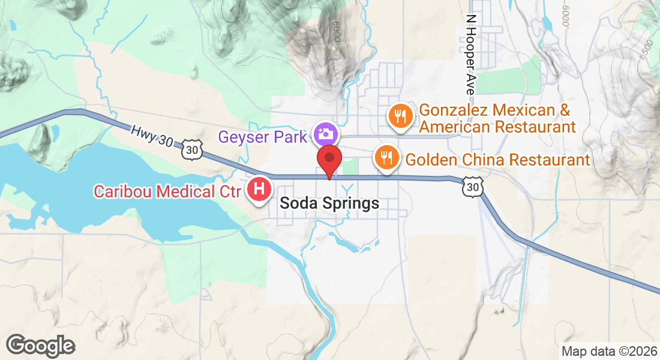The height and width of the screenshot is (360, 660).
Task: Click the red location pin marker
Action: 329,160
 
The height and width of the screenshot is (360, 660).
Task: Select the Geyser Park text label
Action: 263,137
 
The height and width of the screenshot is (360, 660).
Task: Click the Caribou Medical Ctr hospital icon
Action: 259,190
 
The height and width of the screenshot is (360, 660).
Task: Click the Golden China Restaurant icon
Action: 386,157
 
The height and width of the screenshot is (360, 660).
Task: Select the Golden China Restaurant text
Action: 498,160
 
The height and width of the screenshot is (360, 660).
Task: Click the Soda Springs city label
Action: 329,203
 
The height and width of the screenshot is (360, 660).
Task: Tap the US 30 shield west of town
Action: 191,151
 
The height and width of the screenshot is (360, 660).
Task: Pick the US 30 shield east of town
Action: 472,188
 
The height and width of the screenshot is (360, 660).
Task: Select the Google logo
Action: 40,346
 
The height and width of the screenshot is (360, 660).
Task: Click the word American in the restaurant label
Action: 457,127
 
